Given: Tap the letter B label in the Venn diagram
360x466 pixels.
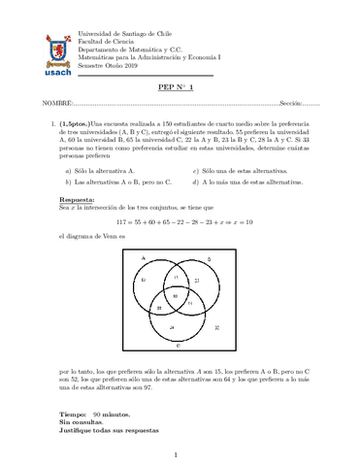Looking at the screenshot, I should [224, 258].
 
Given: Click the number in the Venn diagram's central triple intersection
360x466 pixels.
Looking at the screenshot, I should [175, 294].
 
